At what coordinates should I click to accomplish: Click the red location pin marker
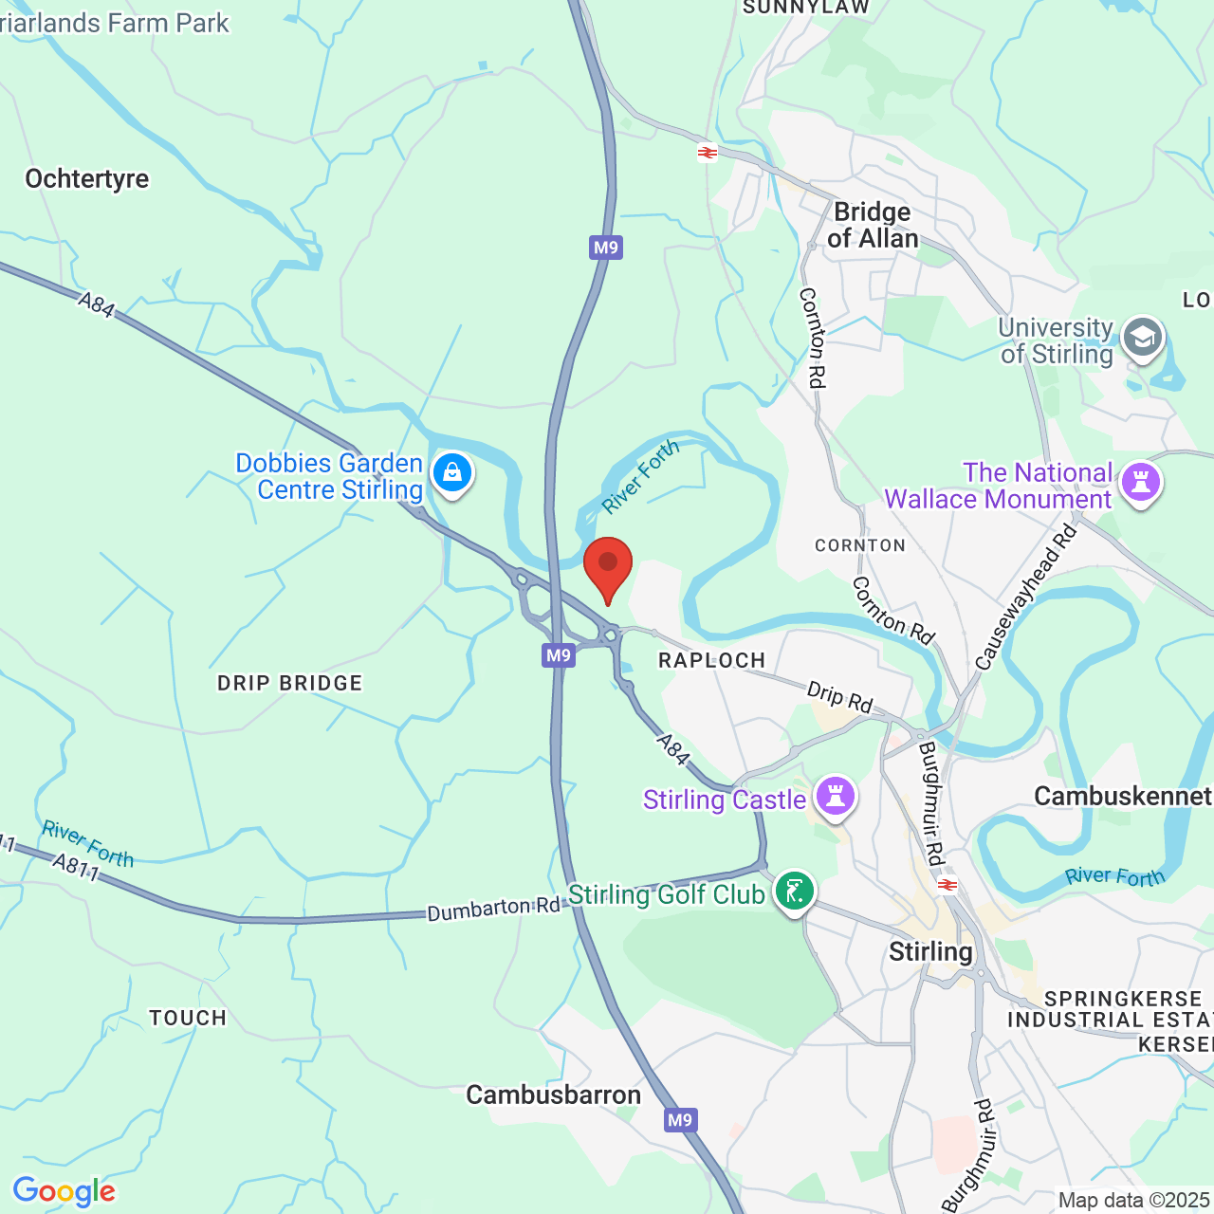click(x=608, y=567)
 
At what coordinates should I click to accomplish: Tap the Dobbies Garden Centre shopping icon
click(x=452, y=472)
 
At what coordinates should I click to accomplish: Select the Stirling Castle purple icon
click(x=835, y=797)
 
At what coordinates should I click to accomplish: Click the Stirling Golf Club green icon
click(x=794, y=892)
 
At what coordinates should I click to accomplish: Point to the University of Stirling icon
click(x=1142, y=338)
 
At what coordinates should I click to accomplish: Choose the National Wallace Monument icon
click(x=1141, y=483)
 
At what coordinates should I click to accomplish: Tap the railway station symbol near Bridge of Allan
click(x=708, y=153)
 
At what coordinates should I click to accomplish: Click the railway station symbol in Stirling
click(x=946, y=885)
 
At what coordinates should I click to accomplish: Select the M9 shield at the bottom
click(x=680, y=1120)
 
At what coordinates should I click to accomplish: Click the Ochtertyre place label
click(x=87, y=179)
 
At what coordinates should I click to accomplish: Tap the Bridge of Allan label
click(x=873, y=226)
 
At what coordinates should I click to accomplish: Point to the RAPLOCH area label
click(x=712, y=660)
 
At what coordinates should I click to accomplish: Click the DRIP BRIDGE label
click(x=290, y=683)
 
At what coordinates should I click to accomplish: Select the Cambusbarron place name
click(x=554, y=1095)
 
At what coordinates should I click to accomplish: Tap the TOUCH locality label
click(x=188, y=1018)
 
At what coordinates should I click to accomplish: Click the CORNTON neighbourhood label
click(x=860, y=545)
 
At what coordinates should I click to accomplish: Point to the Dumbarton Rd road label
click(x=493, y=909)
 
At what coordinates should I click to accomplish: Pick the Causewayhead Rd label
click(x=1027, y=598)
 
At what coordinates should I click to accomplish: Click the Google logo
click(x=64, y=1192)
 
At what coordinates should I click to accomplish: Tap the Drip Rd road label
click(x=839, y=698)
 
